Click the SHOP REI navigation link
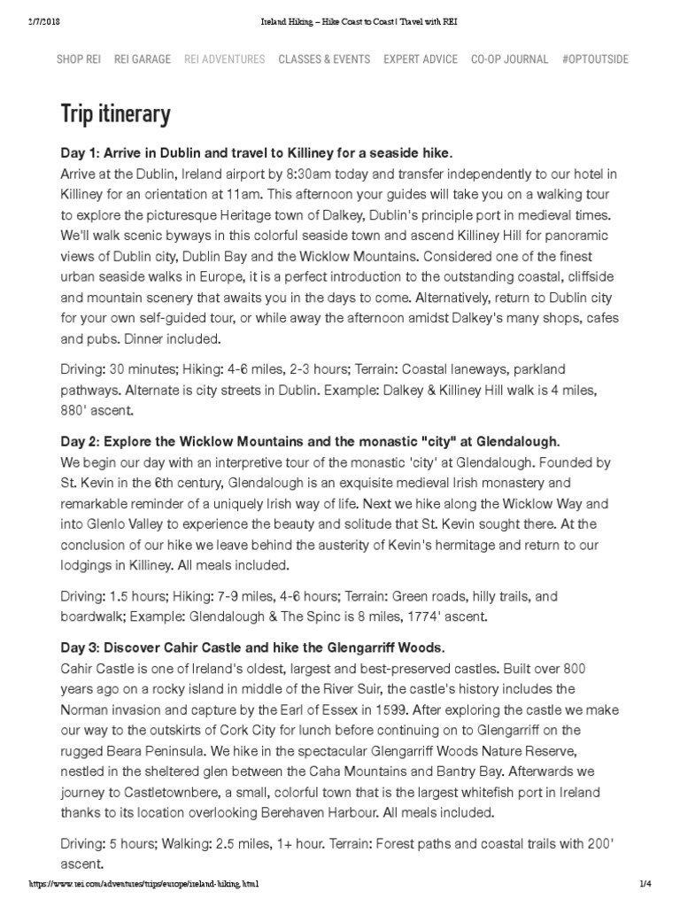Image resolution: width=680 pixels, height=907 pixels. click(x=78, y=59)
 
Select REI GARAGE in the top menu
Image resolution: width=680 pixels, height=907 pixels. click(x=143, y=59)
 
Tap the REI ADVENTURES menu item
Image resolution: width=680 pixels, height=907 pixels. click(x=224, y=59)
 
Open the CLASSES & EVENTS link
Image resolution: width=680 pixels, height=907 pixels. click(x=324, y=59)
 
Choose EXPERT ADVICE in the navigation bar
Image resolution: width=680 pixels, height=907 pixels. click(x=421, y=59)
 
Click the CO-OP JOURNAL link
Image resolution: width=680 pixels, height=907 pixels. click(x=509, y=59)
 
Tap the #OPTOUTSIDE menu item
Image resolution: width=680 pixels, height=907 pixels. click(x=595, y=59)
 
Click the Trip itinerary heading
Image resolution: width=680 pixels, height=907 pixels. click(x=115, y=114)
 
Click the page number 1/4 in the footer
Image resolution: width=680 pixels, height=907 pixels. click(x=645, y=884)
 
